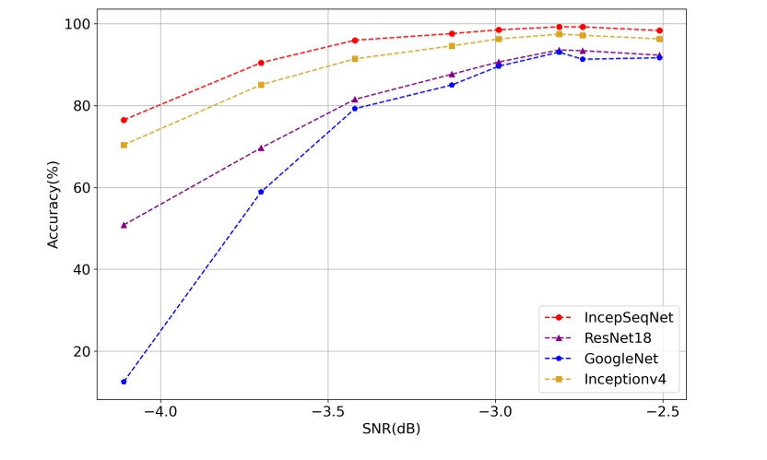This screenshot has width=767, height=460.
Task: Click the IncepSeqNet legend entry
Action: point(628,317)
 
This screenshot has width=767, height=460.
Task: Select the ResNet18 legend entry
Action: point(618,337)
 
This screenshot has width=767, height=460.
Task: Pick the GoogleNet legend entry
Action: point(622,358)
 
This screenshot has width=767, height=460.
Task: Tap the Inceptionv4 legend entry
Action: point(624,379)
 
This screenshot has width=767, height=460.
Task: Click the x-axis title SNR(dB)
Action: point(391,429)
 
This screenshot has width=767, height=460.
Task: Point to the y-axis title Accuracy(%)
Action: point(53,204)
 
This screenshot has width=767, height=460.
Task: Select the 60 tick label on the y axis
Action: point(77,187)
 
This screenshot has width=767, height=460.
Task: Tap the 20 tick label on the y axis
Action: point(77,351)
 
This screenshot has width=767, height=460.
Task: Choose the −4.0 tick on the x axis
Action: point(159,408)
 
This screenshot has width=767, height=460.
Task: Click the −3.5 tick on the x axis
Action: point(327,408)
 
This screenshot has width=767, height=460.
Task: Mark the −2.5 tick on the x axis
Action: point(663,408)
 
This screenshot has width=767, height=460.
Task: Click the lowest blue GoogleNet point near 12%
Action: point(124,382)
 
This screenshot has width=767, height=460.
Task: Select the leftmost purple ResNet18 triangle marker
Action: point(124,225)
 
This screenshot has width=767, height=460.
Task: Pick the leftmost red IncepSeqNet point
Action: point(124,120)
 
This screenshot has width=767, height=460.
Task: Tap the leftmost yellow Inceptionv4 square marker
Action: point(124,145)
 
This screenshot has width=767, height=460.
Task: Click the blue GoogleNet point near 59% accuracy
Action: point(261,192)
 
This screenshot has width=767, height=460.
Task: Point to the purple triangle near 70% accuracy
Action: point(261,147)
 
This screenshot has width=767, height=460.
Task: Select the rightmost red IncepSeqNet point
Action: point(659,30)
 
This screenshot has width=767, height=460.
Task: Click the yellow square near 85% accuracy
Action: point(261,85)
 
